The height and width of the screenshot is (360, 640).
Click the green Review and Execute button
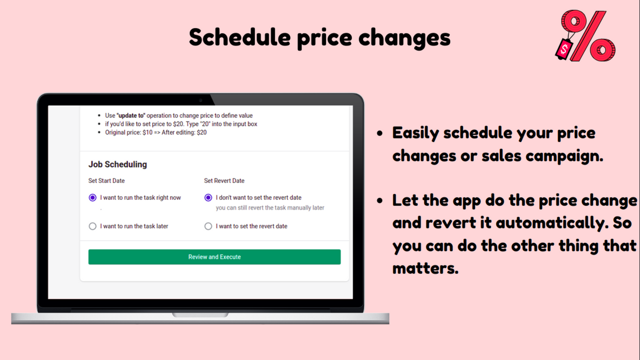[214, 257]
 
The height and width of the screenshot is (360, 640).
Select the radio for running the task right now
[92, 197]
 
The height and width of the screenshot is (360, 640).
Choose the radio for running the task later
[92, 226]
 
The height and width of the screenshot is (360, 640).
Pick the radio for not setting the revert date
[208, 197]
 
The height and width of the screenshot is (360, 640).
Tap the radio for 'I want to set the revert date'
[208, 226]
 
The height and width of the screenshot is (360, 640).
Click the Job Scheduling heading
[117, 164]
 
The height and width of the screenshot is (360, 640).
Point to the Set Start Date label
[106, 180]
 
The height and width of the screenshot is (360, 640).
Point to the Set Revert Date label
[224, 180]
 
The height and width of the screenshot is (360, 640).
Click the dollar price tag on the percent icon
[564, 49]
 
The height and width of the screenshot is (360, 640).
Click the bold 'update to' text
[131, 115]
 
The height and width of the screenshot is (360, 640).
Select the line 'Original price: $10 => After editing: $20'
[155, 132]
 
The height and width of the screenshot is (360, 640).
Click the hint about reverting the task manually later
[270, 207]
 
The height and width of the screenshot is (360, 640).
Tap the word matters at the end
[425, 268]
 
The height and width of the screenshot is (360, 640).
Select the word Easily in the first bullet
[415, 133]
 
